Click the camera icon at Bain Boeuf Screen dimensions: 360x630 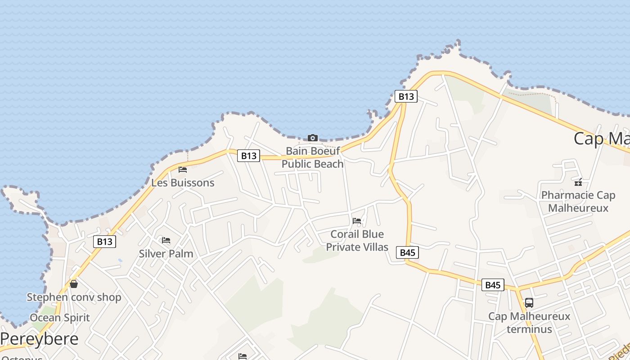312,138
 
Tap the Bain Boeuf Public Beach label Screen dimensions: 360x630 312,157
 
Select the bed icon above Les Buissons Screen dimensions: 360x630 182,170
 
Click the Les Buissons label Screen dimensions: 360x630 183,183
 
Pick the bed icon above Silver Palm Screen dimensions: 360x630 166,240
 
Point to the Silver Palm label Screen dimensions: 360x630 166,253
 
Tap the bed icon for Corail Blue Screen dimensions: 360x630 357,221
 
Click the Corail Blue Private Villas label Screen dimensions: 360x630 357,240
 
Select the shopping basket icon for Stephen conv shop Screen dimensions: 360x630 74,284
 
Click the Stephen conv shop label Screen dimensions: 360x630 74,297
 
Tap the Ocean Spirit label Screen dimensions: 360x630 60,317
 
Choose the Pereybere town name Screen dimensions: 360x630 40,338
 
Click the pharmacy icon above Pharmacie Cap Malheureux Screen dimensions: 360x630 578,182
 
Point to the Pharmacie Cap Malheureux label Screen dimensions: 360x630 578,202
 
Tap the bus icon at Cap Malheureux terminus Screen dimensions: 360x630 529,303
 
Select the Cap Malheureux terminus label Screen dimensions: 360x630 529,323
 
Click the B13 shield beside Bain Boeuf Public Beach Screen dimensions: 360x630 248,156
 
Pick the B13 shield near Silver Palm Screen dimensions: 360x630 104,242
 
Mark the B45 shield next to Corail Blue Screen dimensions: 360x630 407,252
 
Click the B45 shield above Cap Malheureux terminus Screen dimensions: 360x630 493,285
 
